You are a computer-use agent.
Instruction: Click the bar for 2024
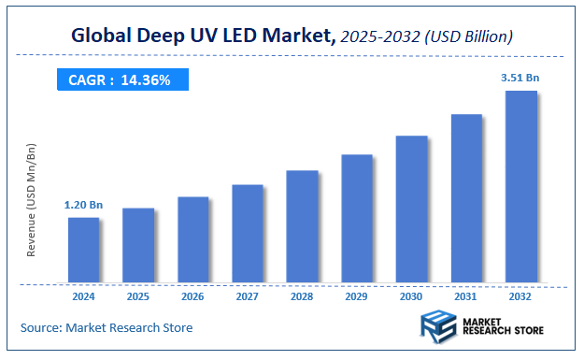pyautogui.click(x=83, y=250)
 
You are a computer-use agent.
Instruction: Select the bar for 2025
pyautogui.click(x=138, y=245)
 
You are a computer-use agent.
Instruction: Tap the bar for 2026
pyautogui.click(x=193, y=239)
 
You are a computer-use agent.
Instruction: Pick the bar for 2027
pyautogui.click(x=248, y=234)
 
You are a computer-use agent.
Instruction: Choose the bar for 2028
pyautogui.click(x=303, y=226)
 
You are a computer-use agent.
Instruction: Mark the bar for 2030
pyautogui.click(x=412, y=209)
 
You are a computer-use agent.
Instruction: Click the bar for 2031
pyautogui.click(x=466, y=198)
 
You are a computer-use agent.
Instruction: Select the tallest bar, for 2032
pyautogui.click(x=521, y=186)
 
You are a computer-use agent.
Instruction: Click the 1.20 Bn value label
pyautogui.click(x=83, y=204)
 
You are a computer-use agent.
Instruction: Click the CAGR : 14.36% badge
pyautogui.click(x=120, y=80)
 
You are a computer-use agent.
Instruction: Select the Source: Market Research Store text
pyautogui.click(x=107, y=327)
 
